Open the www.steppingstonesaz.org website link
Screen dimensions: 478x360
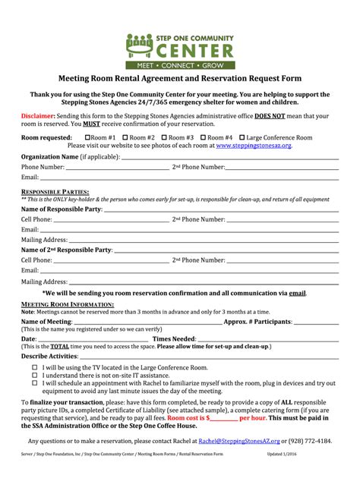pyautogui.click(x=254, y=145)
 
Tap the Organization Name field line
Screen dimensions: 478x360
pyautogui.click(x=228, y=158)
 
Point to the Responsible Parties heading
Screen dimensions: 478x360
pyautogui.click(x=55, y=192)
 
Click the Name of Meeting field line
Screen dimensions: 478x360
pyautogui.click(x=144, y=322)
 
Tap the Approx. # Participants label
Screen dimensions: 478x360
pyautogui.click(x=257, y=321)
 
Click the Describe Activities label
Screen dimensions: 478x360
pyautogui.click(x=49, y=356)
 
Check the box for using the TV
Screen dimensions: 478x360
pyautogui.click(x=34, y=366)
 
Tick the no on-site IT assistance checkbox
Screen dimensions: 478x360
pyautogui.click(x=34, y=375)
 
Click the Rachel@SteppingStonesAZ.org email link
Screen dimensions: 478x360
pyautogui.click(x=238, y=440)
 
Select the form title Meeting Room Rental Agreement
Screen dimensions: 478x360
pyautogui.click(x=180, y=78)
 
